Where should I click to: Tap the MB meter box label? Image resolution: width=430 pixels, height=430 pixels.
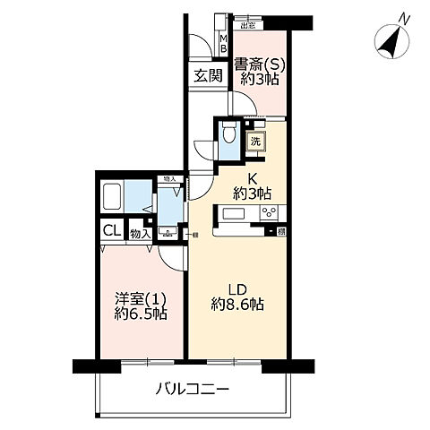click(x=224, y=42)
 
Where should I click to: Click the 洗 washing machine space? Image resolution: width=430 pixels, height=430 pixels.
click(x=255, y=142)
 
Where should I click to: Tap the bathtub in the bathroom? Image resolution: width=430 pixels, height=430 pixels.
click(x=112, y=195)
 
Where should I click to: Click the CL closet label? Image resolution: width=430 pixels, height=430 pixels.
click(x=109, y=231)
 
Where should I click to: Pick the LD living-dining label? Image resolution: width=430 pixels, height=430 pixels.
click(x=235, y=288)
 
